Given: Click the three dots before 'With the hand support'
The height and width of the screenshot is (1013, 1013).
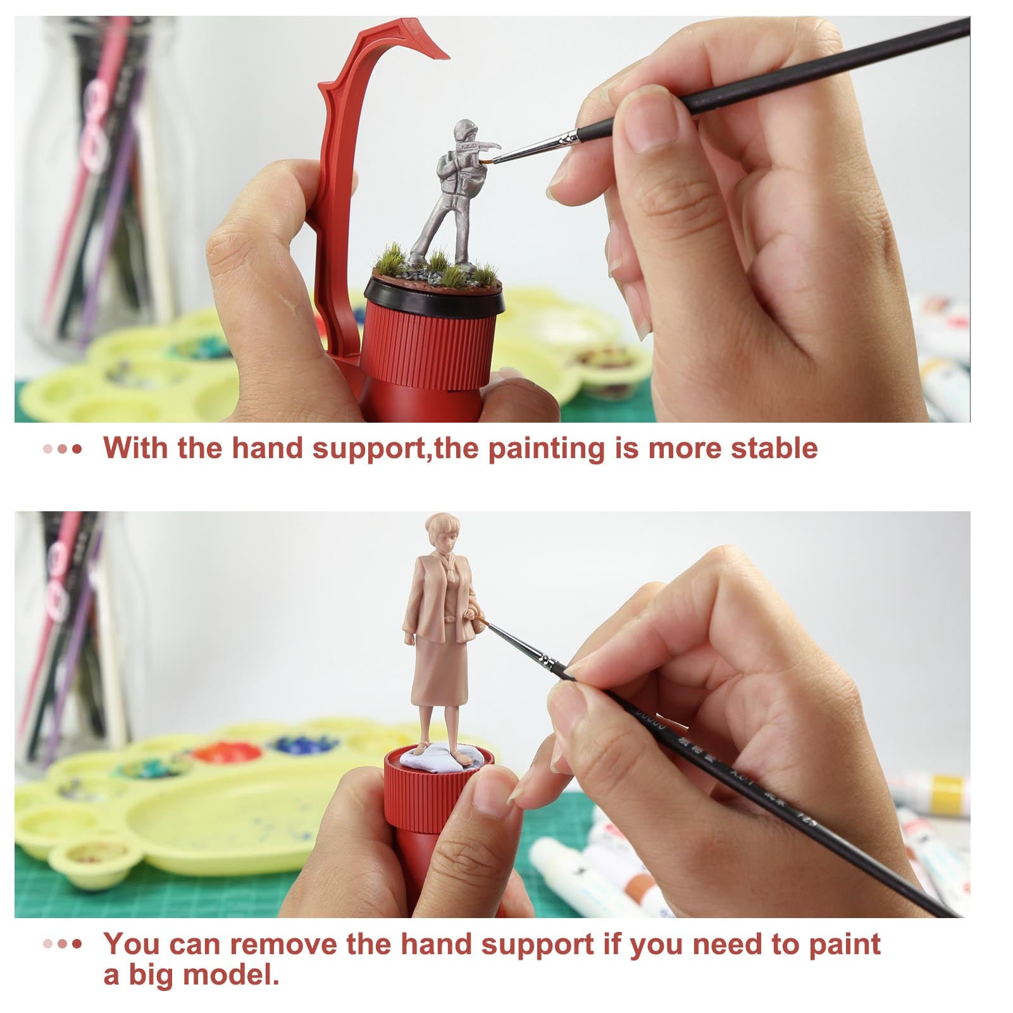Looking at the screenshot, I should click(x=63, y=449).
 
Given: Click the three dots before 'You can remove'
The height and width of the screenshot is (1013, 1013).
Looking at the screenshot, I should click(x=63, y=945).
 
